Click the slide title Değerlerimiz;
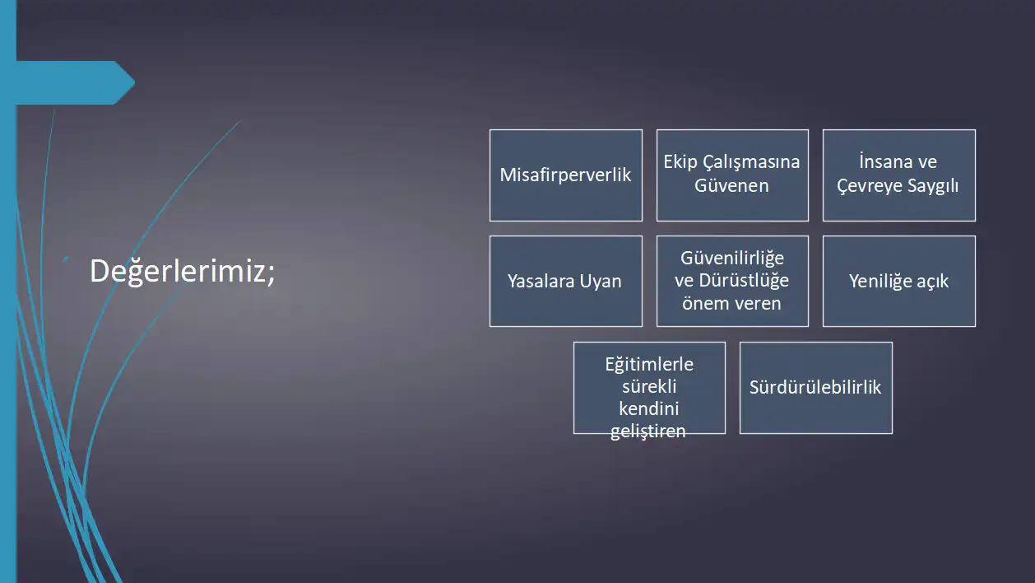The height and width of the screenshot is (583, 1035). pyautogui.click(x=182, y=271)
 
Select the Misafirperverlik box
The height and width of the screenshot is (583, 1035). pyautogui.click(x=566, y=175)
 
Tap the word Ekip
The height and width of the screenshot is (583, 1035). pyautogui.click(x=680, y=162)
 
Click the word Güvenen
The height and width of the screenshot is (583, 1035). pyautogui.click(x=732, y=185)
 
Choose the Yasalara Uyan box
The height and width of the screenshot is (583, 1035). pyautogui.click(x=566, y=281)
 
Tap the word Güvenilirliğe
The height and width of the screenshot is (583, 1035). pyautogui.click(x=732, y=259)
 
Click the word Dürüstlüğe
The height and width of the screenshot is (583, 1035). pyautogui.click(x=744, y=281)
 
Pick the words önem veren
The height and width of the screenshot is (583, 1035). pyautogui.click(x=732, y=303)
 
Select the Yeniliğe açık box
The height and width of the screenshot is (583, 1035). pyautogui.click(x=899, y=281)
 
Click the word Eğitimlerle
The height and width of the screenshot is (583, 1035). pyautogui.click(x=649, y=365)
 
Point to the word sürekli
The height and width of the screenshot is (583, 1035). pyautogui.click(x=649, y=386)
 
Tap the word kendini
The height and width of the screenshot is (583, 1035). pyautogui.click(x=649, y=408)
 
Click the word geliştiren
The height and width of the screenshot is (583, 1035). pyautogui.click(x=648, y=431)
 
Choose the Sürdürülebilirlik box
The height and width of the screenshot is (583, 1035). pyautogui.click(x=816, y=388)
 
